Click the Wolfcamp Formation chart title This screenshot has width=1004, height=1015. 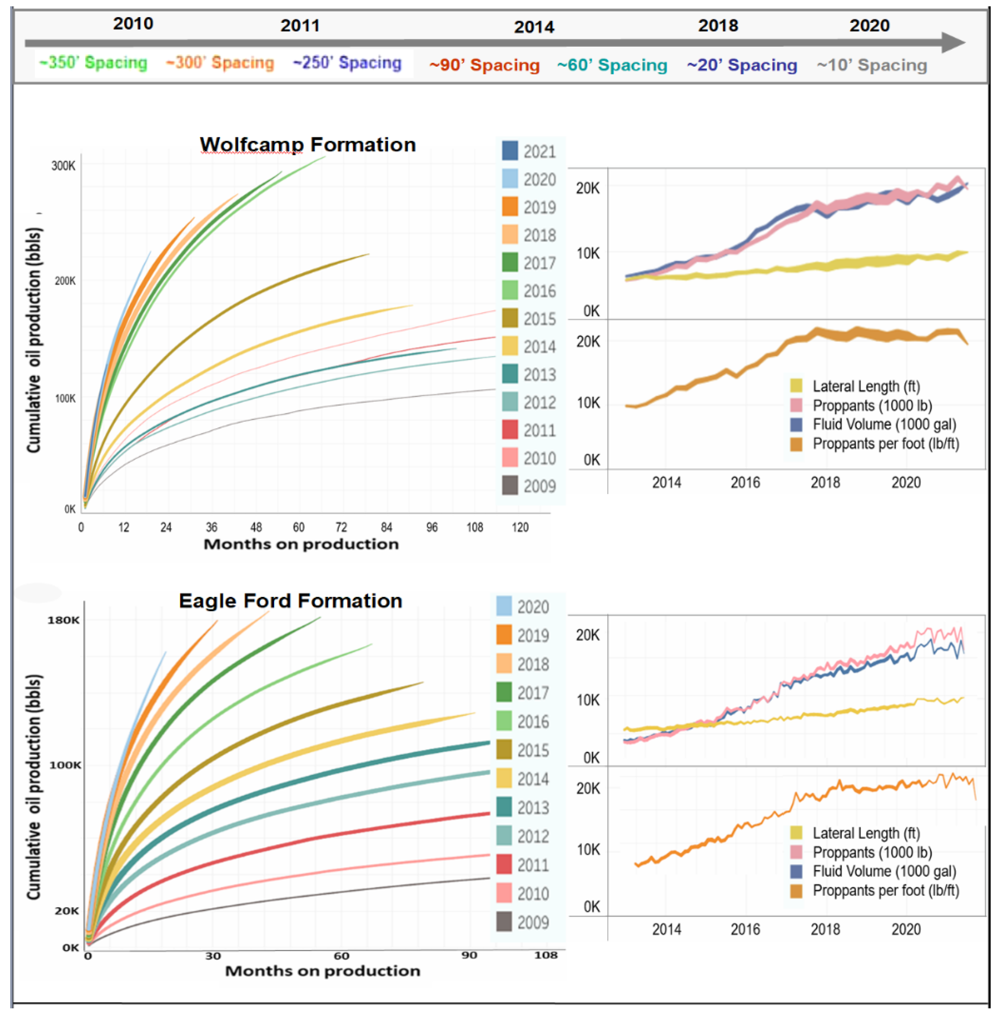pos(308,145)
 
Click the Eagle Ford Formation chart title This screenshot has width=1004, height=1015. pos(291,600)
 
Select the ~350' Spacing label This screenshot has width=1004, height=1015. pos(93,62)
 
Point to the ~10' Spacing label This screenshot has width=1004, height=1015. pos(872,65)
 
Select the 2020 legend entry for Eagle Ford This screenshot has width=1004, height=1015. pos(522,607)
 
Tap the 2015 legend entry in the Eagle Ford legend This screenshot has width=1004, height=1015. pos(522,750)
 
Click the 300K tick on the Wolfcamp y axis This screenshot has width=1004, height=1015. pos(63,166)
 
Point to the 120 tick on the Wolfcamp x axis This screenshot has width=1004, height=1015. pos(520,527)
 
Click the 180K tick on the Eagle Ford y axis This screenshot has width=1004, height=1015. pos(64,620)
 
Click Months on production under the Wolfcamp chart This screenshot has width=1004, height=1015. pos(301,544)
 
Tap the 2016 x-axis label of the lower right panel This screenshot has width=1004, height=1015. pos(745,929)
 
